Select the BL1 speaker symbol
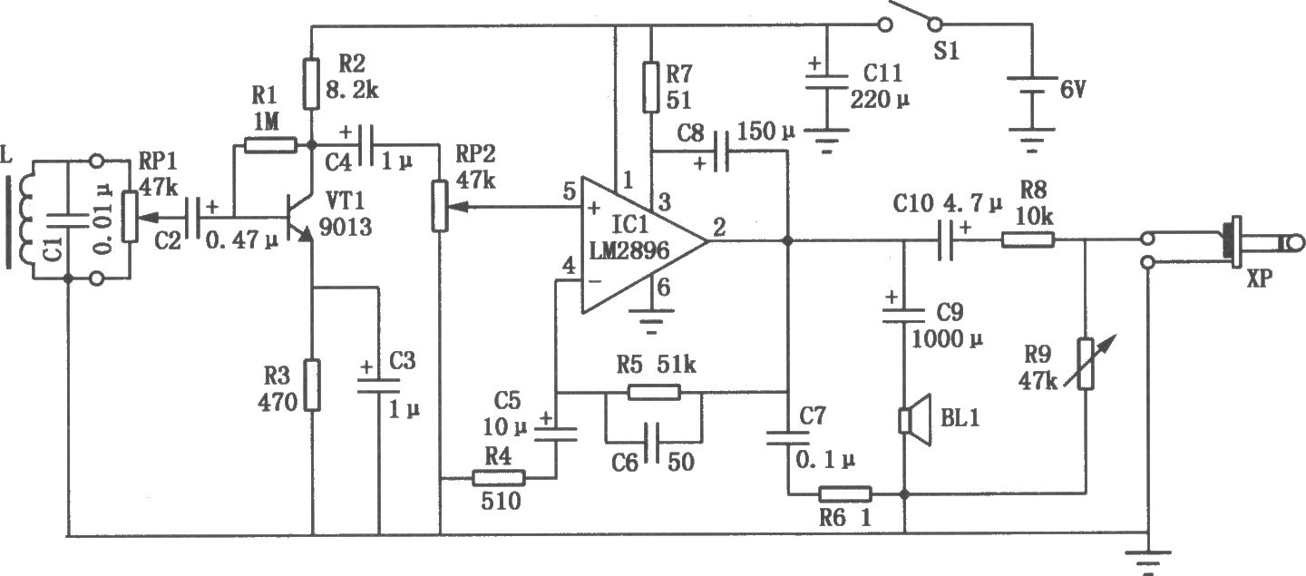[909, 420]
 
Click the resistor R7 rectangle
[650, 87]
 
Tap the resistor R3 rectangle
[312, 386]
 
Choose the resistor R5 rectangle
[653, 392]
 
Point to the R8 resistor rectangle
[1028, 240]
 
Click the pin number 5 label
[569, 193]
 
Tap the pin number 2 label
[718, 229]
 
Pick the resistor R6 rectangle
[845, 494]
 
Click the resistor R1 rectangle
[269, 144]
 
